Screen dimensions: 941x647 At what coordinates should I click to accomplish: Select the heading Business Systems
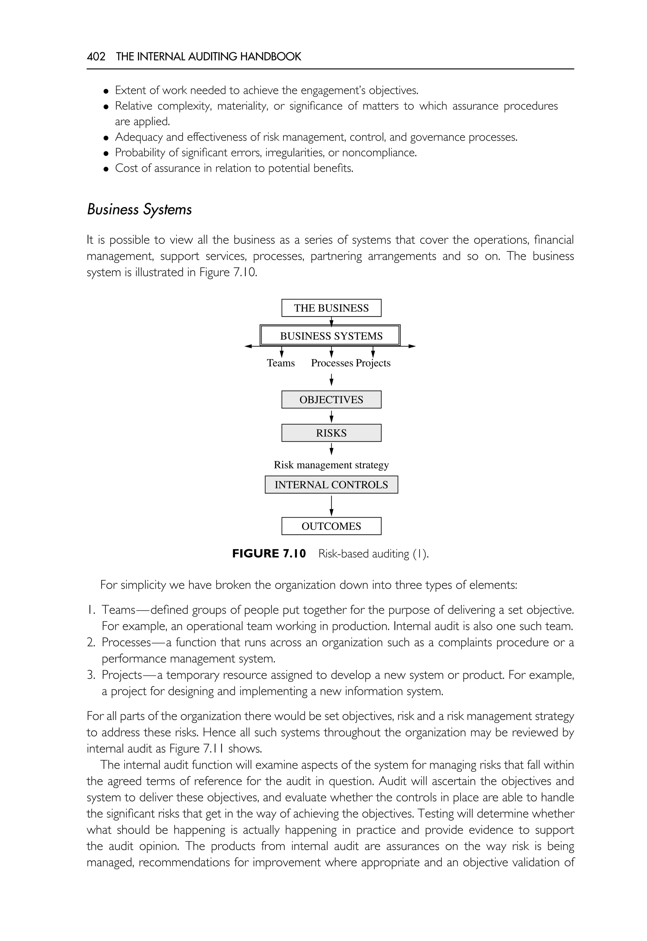tap(139, 209)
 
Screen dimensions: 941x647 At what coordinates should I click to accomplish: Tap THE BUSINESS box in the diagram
tap(331, 308)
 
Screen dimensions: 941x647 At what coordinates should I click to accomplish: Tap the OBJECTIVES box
tap(331, 400)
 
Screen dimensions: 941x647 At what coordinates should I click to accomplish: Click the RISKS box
tap(331, 433)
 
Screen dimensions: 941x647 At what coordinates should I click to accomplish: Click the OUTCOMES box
tap(331, 526)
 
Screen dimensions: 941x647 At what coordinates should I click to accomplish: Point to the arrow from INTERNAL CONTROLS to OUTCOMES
tap(332, 506)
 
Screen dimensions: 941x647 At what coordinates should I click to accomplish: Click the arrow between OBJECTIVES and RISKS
tap(332, 416)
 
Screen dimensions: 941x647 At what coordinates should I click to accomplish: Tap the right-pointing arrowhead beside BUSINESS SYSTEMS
tap(412, 346)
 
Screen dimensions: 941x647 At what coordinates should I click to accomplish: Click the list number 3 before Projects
tap(90, 675)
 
